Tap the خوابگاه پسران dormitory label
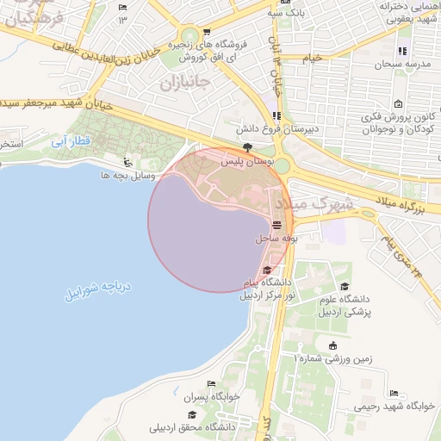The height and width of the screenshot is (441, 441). tap(212, 397)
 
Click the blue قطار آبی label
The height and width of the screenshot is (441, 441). tap(70, 140)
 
